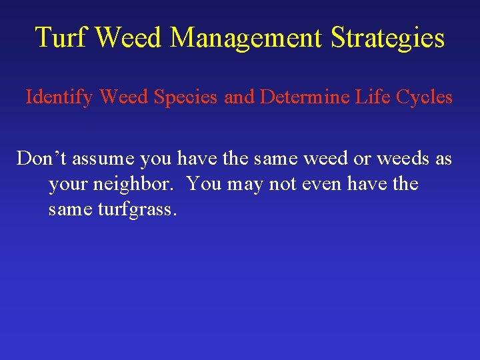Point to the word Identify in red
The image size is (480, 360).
60,97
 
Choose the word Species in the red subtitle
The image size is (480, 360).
188,97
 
